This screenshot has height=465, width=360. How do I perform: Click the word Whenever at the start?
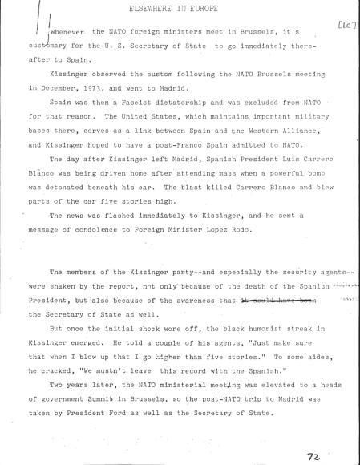click(67, 33)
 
